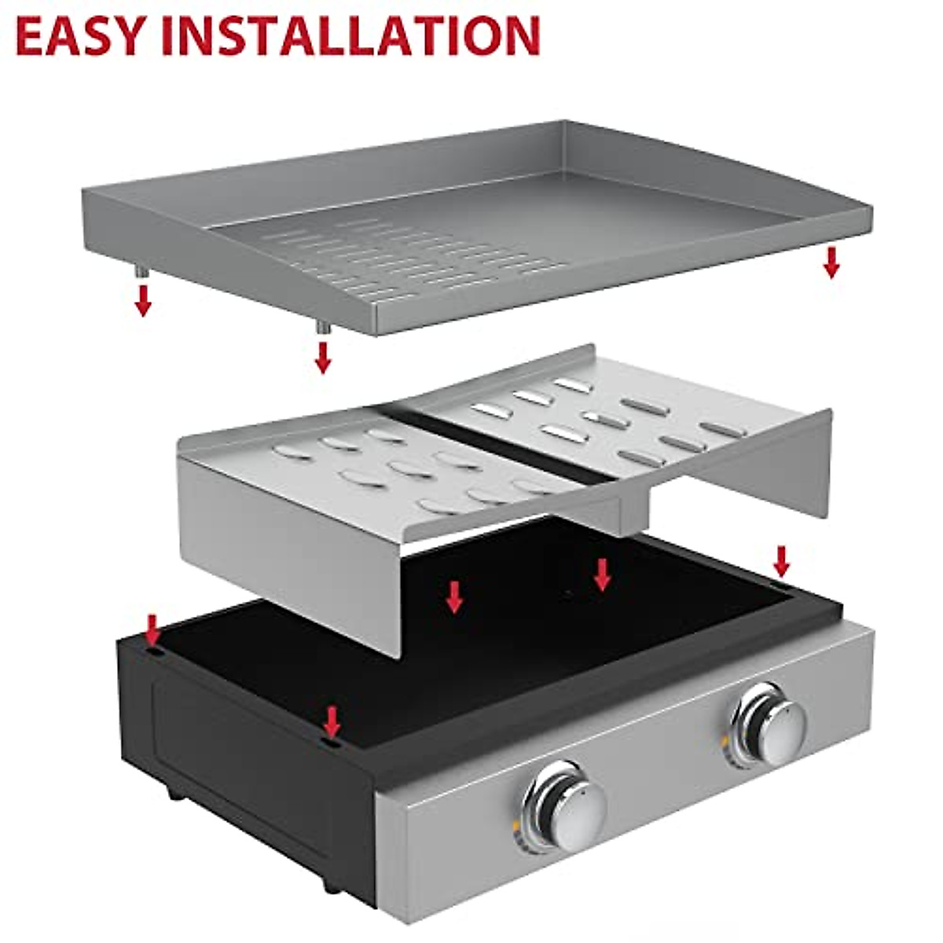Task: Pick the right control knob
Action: (x=769, y=721)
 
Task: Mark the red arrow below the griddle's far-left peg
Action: (x=142, y=300)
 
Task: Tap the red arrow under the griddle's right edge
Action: (x=831, y=262)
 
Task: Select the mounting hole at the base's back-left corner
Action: (x=154, y=652)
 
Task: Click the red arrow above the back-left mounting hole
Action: (x=153, y=629)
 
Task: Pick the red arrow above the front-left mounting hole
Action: (x=332, y=719)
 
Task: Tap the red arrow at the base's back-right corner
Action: (x=780, y=560)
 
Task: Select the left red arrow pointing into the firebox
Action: (x=454, y=596)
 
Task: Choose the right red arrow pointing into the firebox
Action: (x=602, y=574)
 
